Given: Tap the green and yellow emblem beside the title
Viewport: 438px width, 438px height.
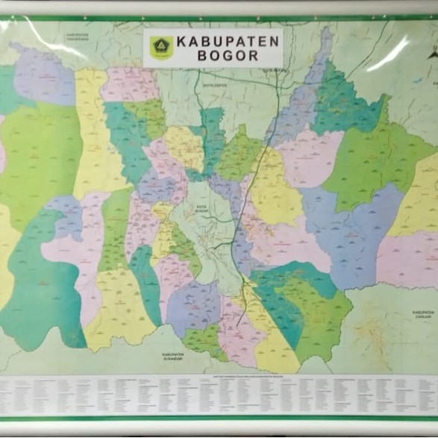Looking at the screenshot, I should [161, 47].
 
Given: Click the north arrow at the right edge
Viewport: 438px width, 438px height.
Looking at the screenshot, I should [431, 52].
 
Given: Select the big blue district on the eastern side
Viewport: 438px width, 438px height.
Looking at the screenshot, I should [351, 231].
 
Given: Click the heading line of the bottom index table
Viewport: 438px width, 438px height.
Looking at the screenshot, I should [224, 376].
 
